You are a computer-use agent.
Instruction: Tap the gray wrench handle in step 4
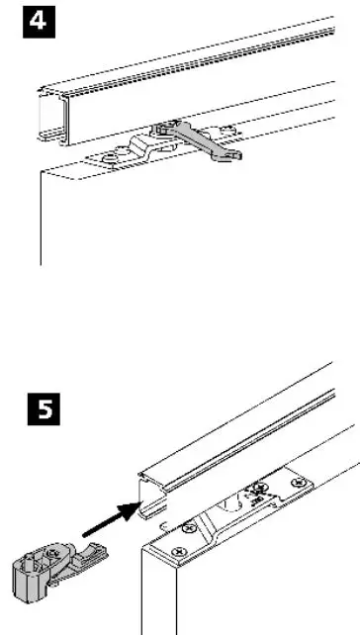click(x=203, y=143)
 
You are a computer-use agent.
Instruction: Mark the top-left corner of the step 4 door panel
click(x=40, y=172)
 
